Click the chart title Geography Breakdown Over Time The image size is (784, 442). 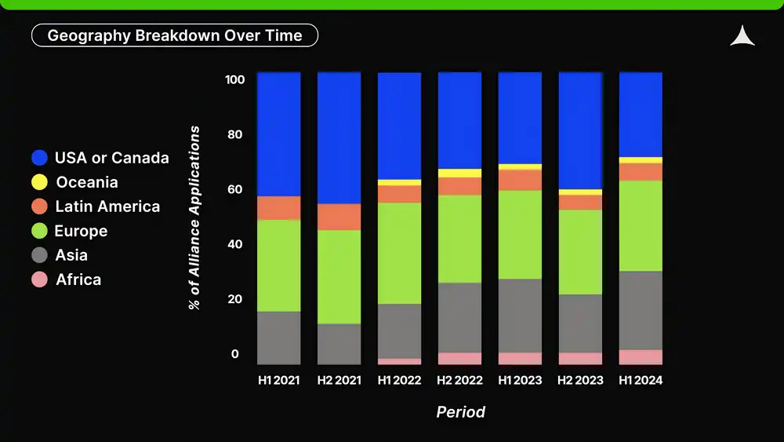point(174,35)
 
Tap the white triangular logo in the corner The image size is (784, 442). point(742,37)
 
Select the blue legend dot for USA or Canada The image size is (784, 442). point(39,158)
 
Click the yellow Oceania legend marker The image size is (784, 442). point(39,182)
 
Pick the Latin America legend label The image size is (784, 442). point(107,206)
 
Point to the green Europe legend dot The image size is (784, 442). point(39,231)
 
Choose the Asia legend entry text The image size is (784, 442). point(71,255)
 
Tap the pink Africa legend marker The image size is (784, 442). point(39,279)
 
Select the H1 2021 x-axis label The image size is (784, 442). point(279,381)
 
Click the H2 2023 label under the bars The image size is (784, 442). point(580,381)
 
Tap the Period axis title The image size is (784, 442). point(460,412)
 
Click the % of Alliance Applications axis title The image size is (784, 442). point(194,217)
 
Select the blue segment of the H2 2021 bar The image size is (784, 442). point(339,137)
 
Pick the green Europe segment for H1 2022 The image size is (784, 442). point(399,253)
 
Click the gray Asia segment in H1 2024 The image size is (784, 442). point(641,310)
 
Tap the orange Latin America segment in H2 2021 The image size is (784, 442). point(339,217)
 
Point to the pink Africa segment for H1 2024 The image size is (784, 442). point(641,357)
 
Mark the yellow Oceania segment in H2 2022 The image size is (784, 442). point(459,174)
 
